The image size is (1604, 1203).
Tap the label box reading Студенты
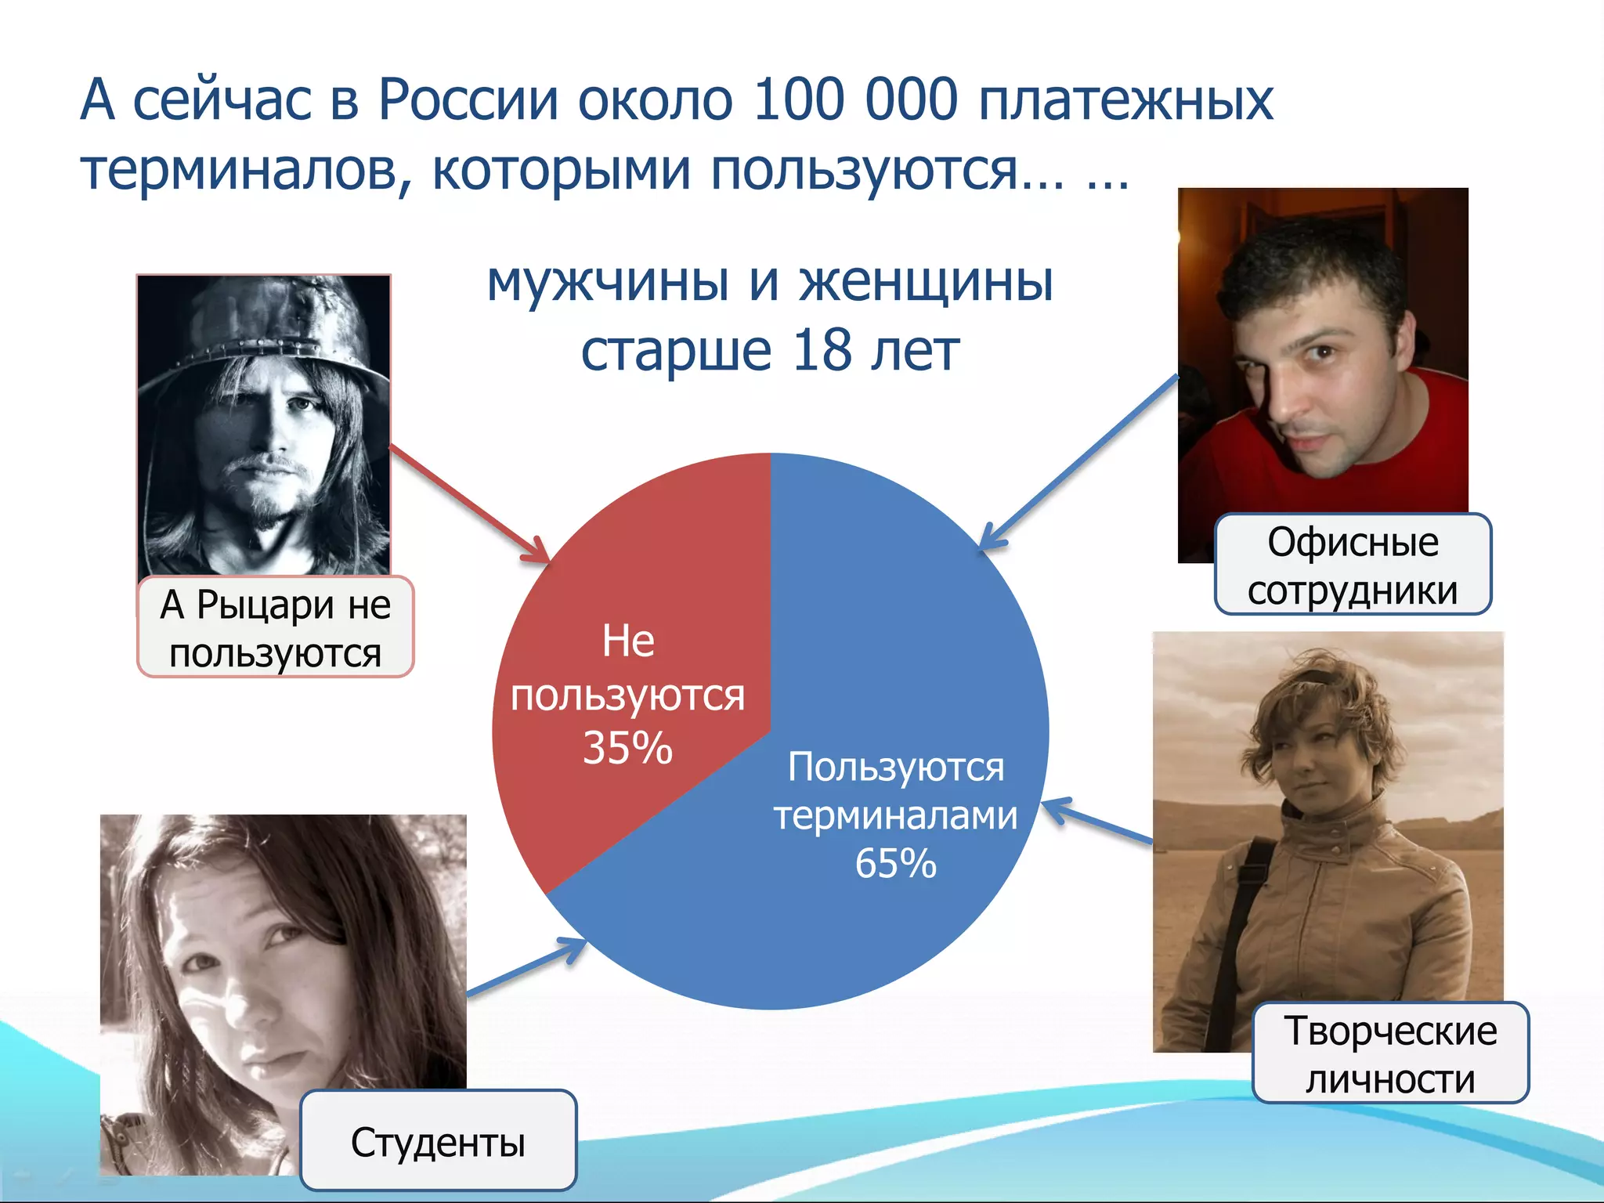point(438,1140)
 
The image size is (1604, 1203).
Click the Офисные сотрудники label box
point(1353,564)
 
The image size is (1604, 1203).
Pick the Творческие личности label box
point(1390,1053)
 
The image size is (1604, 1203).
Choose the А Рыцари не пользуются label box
point(275,627)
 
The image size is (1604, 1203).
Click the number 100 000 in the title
point(854,100)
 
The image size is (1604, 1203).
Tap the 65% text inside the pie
point(895,863)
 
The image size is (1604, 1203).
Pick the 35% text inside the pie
point(627,747)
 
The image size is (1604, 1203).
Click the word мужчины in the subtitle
point(608,282)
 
